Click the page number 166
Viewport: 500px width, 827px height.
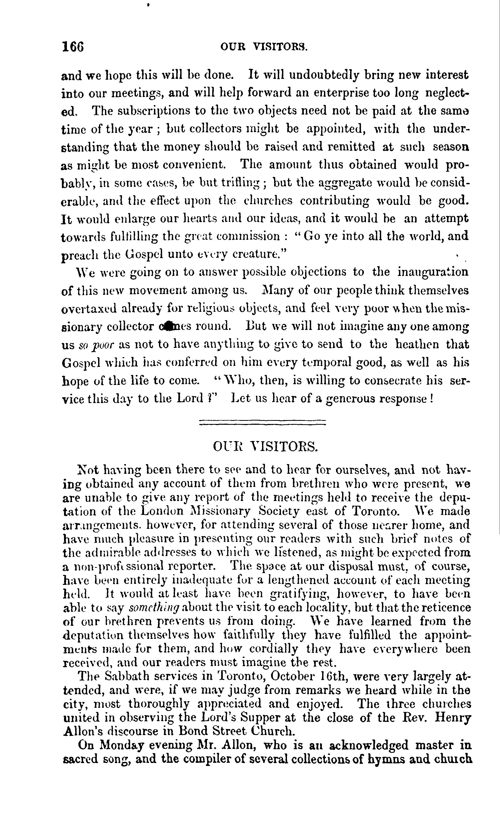pos(73,46)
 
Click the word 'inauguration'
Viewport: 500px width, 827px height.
pos(433,271)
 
